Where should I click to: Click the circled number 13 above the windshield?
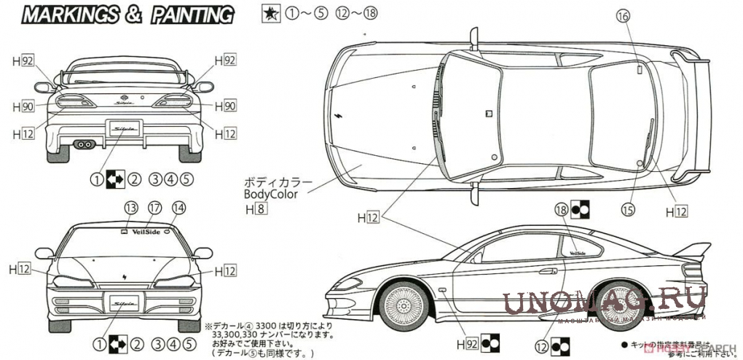tap(131, 208)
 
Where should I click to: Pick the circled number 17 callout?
tap(154, 208)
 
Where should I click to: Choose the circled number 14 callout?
tap(178, 208)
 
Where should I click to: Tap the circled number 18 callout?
tap(560, 209)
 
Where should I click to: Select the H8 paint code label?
tap(256, 210)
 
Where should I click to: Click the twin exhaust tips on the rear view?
tap(84, 144)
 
